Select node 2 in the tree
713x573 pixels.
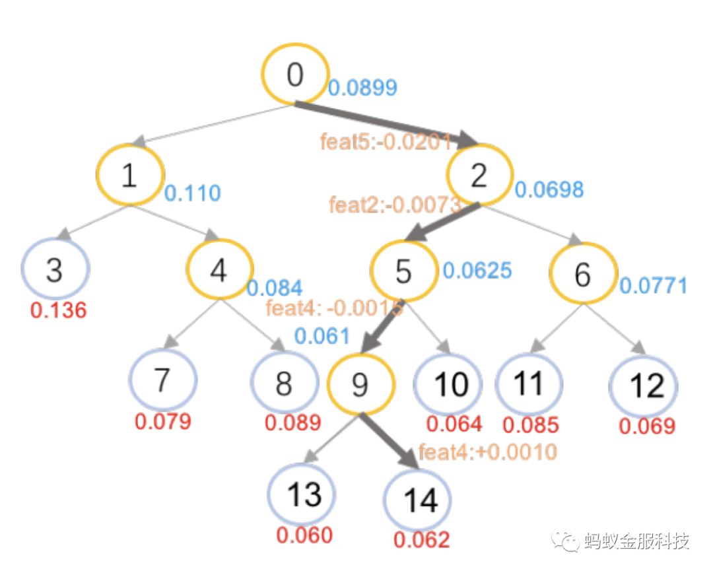(x=479, y=174)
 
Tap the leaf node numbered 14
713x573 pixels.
(x=418, y=500)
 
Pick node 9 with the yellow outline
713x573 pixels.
(x=360, y=384)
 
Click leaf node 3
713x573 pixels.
(x=55, y=269)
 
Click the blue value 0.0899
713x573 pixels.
(x=362, y=87)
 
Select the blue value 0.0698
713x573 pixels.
(x=549, y=190)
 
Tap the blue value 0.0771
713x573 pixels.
(x=653, y=286)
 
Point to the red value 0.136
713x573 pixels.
(x=58, y=310)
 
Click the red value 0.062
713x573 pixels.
(x=422, y=540)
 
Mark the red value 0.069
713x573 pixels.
(x=647, y=426)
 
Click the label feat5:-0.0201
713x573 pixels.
(x=386, y=141)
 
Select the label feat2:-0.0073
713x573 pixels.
(x=394, y=205)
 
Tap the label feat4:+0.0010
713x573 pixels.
(x=488, y=452)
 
